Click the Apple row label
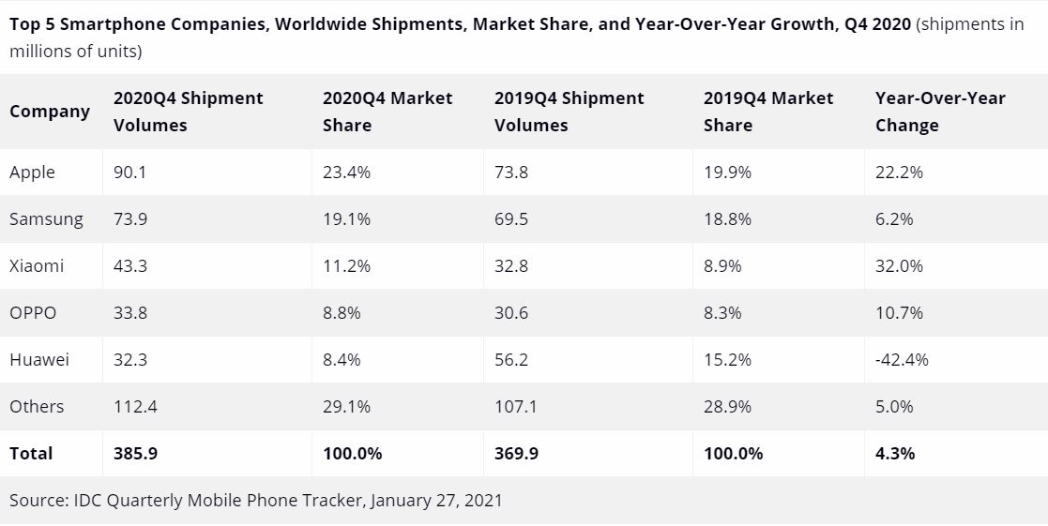coord(32,173)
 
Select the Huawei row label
coord(39,359)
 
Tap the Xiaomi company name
coord(37,266)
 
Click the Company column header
coord(50,112)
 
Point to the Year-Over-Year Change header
coord(940,112)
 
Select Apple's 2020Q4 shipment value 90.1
coord(130,173)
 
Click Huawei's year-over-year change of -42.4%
coord(902,359)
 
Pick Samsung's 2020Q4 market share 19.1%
coord(346,219)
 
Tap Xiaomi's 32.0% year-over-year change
coord(899,266)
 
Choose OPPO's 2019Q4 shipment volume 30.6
coord(511,313)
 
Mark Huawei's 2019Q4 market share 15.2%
coord(727,359)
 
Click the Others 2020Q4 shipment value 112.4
coord(135,406)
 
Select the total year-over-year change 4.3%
coord(895,454)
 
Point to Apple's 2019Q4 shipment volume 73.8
coord(511,173)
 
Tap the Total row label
coord(31,454)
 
